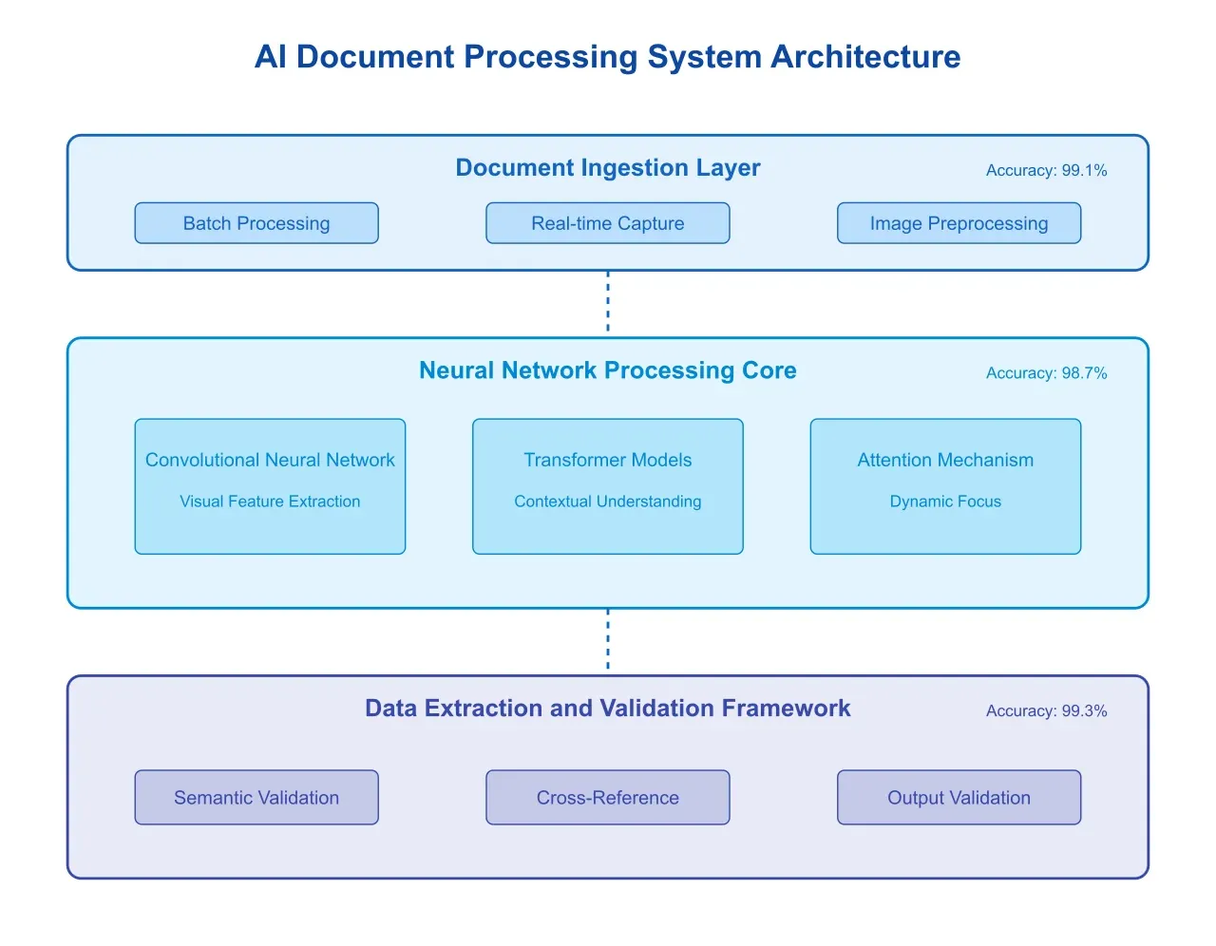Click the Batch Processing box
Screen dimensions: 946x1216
pyautogui.click(x=256, y=223)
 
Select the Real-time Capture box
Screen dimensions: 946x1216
pyautogui.click(x=608, y=223)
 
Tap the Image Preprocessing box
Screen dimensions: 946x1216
pyautogui.click(x=959, y=223)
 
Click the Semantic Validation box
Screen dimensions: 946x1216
pyautogui.click(x=256, y=798)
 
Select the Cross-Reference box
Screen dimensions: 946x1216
pyautogui.click(x=608, y=798)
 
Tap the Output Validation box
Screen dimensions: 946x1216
pyautogui.click(x=959, y=798)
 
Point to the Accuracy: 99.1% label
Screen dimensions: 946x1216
pyautogui.click(x=1046, y=171)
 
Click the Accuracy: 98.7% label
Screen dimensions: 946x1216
pyautogui.click(x=1046, y=373)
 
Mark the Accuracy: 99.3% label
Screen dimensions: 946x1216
pyautogui.click(x=1046, y=711)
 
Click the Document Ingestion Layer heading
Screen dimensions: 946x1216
pyautogui.click(x=608, y=168)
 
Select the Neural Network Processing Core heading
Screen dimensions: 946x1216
pyautogui.click(x=608, y=370)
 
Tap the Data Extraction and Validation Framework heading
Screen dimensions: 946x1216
pyautogui.click(x=608, y=709)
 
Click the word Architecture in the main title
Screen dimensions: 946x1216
pyautogui.click(x=865, y=57)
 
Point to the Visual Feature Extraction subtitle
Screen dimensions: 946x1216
pyautogui.click(x=270, y=501)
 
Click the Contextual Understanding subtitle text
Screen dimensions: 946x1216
pyautogui.click(x=608, y=501)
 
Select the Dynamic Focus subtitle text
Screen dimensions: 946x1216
pyautogui.click(x=945, y=501)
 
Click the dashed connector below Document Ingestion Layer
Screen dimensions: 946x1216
pyautogui.click(x=608, y=302)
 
